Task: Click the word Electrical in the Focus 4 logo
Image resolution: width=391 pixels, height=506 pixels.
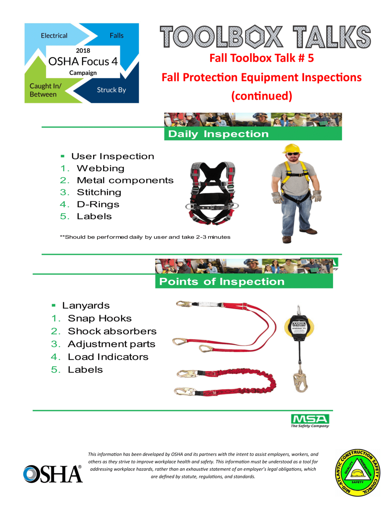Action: (54, 36)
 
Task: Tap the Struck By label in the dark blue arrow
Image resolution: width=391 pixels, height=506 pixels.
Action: (111, 90)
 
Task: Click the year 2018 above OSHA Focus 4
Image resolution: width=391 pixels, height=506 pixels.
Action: (83, 51)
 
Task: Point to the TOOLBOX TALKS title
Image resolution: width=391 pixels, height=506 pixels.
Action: (265, 37)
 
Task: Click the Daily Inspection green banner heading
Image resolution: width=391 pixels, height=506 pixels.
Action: (218, 134)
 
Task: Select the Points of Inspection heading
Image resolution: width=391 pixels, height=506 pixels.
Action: (222, 282)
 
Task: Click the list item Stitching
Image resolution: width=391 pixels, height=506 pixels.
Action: (99, 192)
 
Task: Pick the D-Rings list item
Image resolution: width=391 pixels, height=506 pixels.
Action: (98, 204)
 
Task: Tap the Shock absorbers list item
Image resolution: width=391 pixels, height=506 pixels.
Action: (112, 331)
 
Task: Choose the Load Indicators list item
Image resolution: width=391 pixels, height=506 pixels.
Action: (108, 357)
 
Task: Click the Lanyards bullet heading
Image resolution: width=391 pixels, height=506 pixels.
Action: (86, 305)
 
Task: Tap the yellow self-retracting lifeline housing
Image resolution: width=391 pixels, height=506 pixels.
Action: (299, 327)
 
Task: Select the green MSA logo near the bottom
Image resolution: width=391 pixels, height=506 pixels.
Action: (310, 420)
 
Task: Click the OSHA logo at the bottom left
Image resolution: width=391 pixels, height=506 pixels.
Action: (53, 474)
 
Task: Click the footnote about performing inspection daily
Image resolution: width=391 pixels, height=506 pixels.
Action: (145, 237)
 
